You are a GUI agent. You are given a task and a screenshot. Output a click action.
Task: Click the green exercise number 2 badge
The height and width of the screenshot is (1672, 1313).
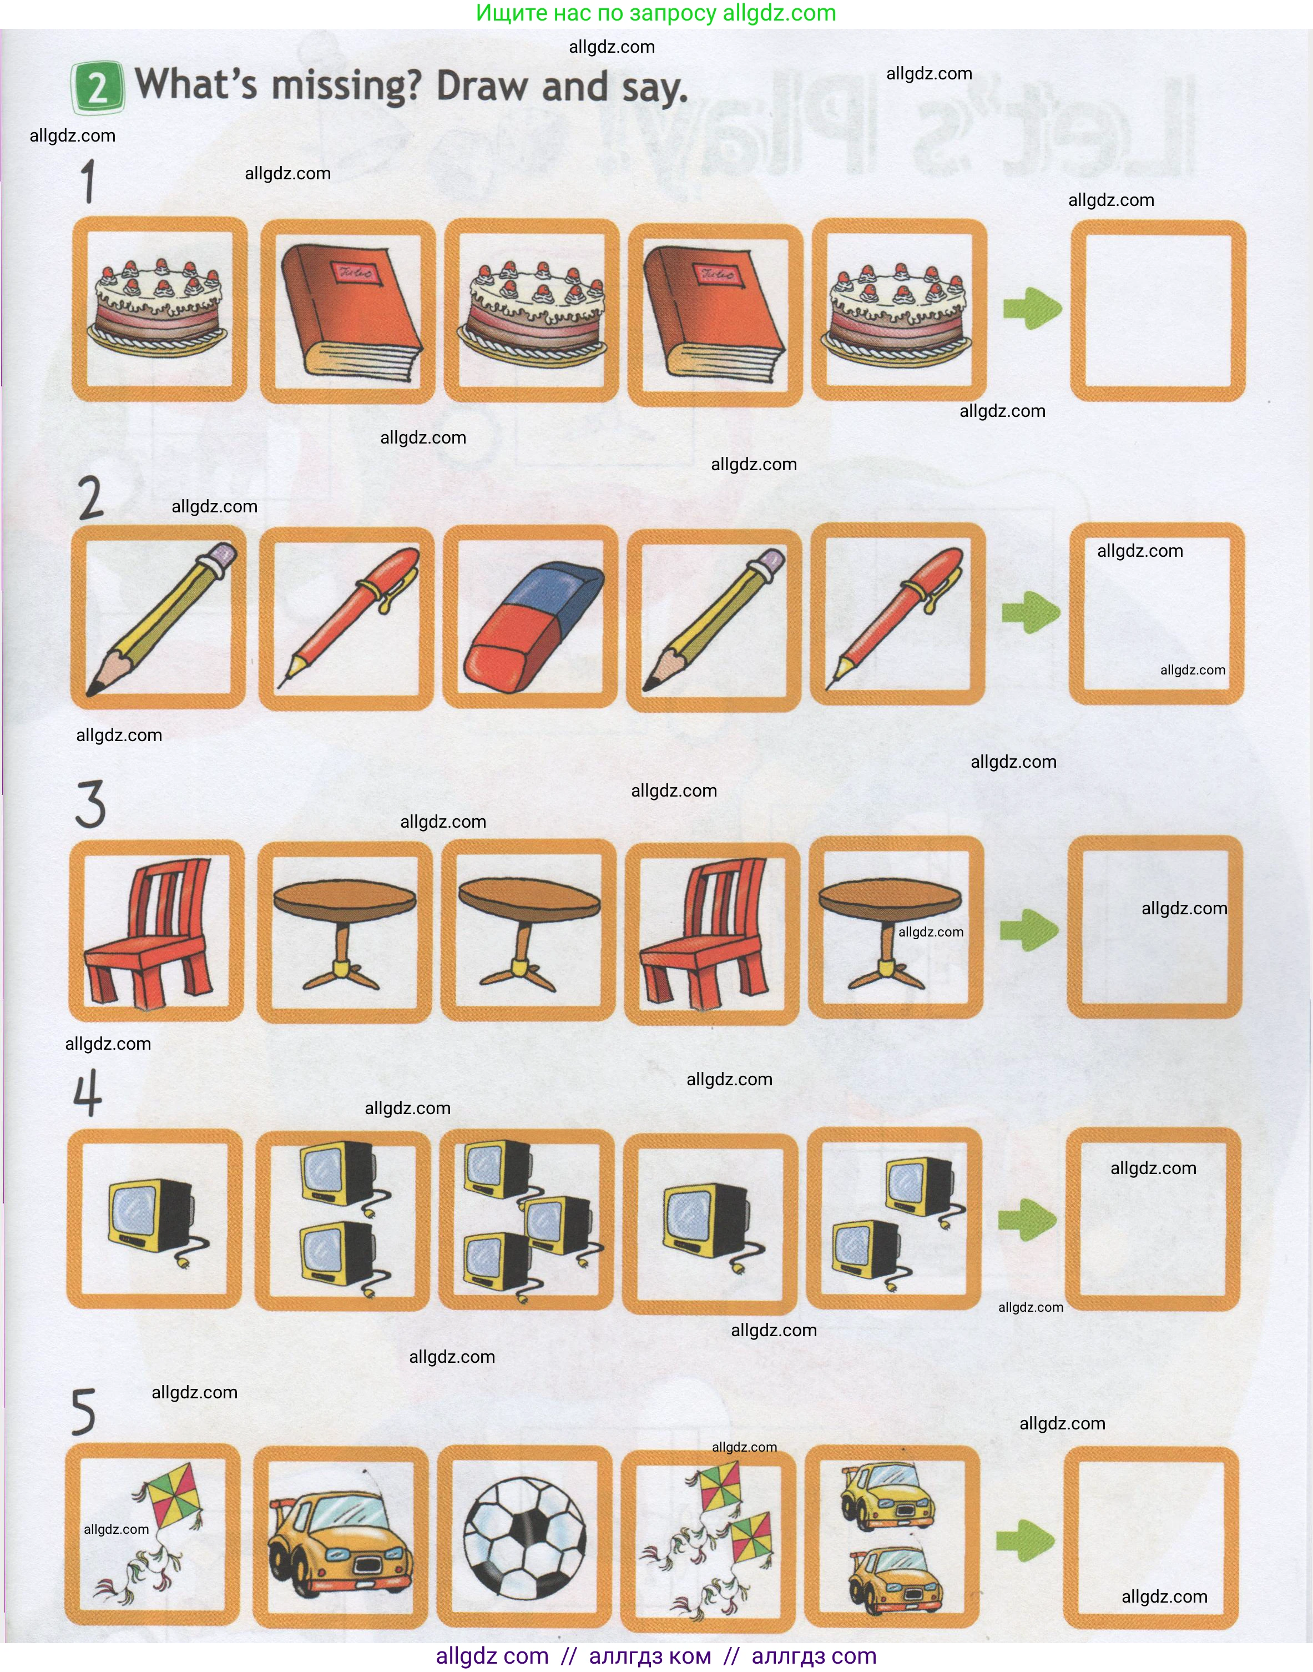pos(98,87)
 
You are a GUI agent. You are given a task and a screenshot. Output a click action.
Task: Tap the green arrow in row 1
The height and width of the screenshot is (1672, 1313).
pos(1032,309)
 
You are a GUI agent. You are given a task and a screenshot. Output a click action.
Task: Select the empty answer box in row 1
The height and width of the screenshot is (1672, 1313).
pos(1157,311)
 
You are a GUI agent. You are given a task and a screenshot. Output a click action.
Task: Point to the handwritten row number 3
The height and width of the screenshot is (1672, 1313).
pos(90,804)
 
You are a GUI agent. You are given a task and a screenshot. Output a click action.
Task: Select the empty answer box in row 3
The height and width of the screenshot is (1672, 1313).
pos(1155,928)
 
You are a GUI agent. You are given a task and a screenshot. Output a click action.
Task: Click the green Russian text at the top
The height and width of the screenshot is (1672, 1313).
pos(656,13)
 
